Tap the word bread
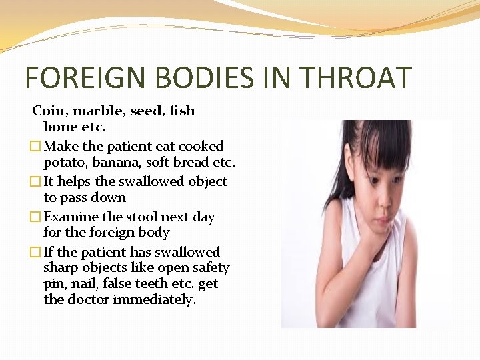tap(191, 162)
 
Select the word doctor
tap(89, 299)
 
